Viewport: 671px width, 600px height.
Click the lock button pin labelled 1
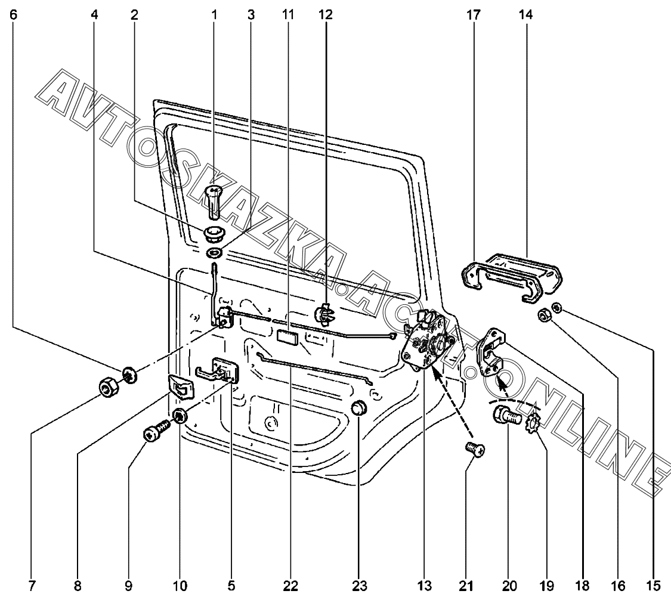[214, 199]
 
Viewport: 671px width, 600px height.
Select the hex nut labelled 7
[107, 390]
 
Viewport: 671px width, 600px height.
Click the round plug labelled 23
[357, 409]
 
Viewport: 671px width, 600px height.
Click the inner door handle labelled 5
[218, 372]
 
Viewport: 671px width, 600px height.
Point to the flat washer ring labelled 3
[214, 253]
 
